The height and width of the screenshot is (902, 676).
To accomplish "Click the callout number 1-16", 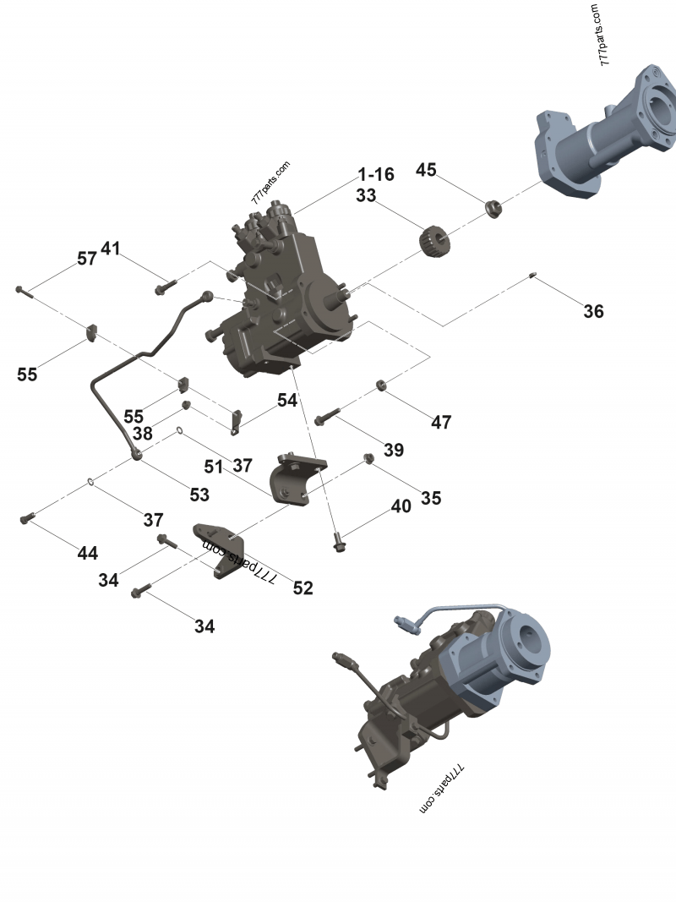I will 376,175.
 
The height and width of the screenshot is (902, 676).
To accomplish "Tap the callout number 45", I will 426,170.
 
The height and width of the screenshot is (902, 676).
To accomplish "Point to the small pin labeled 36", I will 534,275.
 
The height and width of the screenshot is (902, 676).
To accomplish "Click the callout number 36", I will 593,311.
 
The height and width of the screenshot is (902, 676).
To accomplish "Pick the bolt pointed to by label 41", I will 164,288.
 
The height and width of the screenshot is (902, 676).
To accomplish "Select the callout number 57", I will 87,259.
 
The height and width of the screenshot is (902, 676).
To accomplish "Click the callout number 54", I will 287,400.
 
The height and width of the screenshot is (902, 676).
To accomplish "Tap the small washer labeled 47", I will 382,386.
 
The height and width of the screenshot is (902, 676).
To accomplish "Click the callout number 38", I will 142,434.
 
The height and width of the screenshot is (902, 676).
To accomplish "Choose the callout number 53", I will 199,493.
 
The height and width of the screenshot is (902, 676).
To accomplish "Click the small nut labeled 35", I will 369,458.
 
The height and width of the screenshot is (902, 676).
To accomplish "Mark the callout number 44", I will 87,554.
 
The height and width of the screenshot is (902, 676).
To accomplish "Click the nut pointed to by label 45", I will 492,207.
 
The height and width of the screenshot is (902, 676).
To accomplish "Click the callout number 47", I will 441,422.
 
